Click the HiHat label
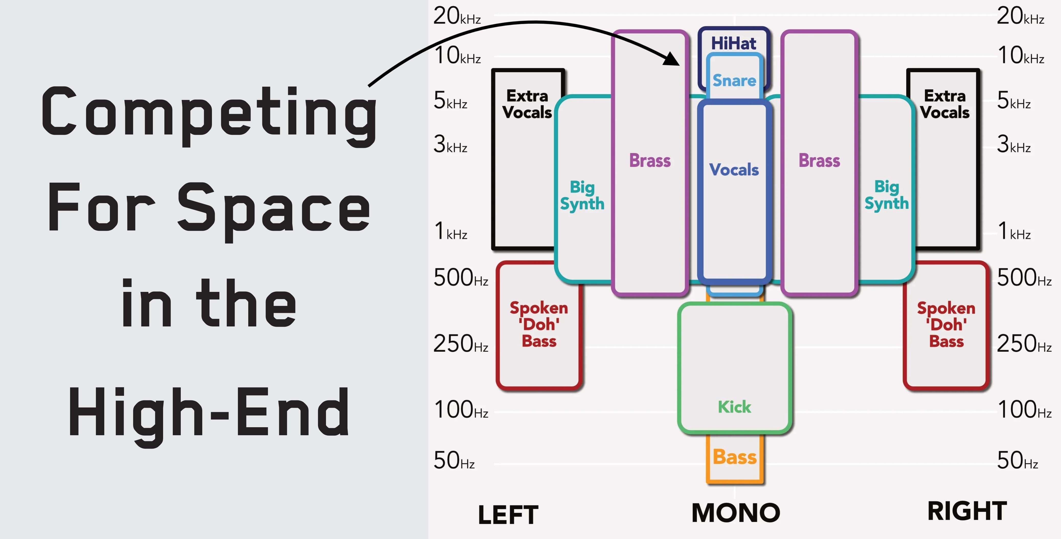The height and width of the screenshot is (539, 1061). pyautogui.click(x=733, y=43)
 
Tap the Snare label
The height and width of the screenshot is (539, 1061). pyautogui.click(x=734, y=80)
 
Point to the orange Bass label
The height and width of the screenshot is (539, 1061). pyautogui.click(x=735, y=457)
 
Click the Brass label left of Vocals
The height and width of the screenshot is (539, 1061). pyautogui.click(x=650, y=160)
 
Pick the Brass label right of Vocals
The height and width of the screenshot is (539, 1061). pyautogui.click(x=819, y=160)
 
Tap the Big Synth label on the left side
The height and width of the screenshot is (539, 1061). pyautogui.click(x=582, y=196)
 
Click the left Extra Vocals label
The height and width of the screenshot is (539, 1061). pyautogui.click(x=527, y=104)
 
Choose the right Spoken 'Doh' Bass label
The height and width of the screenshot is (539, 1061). pyautogui.click(x=946, y=325)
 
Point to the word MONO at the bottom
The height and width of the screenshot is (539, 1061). pyautogui.click(x=736, y=513)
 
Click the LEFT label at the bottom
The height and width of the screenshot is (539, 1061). pyautogui.click(x=508, y=515)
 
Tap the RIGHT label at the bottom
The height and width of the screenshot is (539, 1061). pyautogui.click(x=967, y=511)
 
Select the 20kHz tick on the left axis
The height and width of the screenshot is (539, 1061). pyautogui.click(x=457, y=16)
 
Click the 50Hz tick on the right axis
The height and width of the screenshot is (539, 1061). pyautogui.click(x=1017, y=461)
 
